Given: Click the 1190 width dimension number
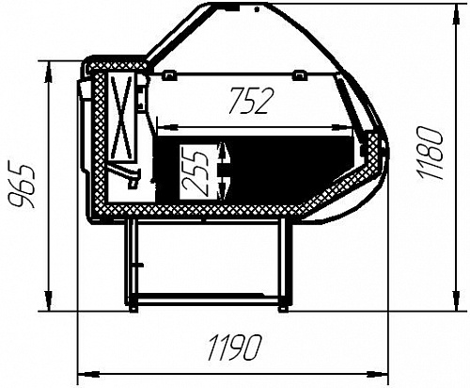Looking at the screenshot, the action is coord(234,348).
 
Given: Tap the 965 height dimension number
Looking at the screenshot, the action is coord(22,186).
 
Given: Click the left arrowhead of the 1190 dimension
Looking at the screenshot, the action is coord(88,374).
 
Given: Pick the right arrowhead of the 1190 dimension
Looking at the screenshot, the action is coord(378,374).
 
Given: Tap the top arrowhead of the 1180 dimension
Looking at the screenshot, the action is coord(458,14).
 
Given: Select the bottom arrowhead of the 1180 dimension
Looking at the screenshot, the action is coord(458,300).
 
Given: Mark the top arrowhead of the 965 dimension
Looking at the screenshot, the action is coord(48,72).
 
